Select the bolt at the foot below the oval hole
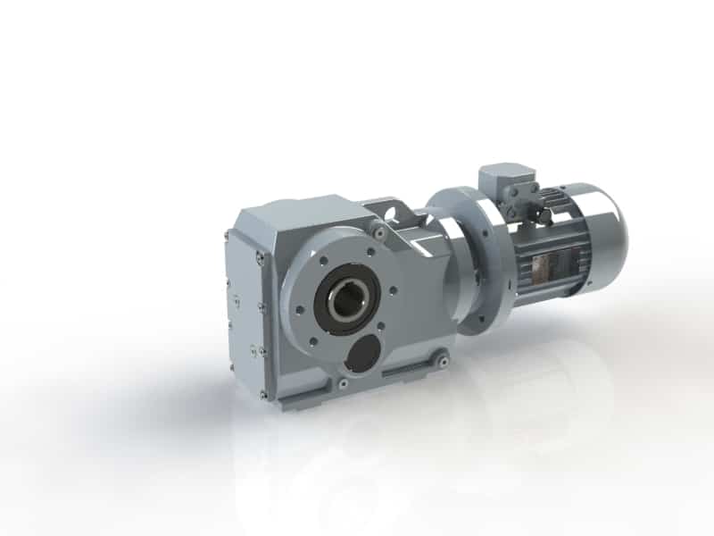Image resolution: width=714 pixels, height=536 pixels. pyautogui.click(x=343, y=383)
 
